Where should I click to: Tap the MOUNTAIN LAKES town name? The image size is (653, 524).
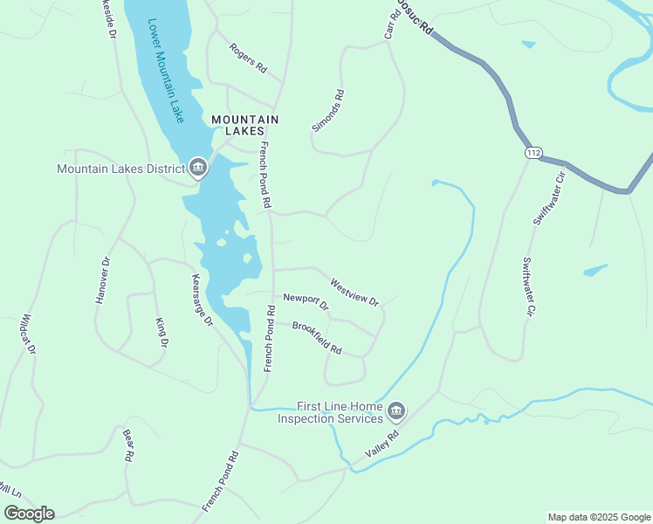[244, 125]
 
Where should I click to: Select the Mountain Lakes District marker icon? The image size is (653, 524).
[197, 169]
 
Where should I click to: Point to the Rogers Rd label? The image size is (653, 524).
[248, 59]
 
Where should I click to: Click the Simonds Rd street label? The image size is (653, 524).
[328, 111]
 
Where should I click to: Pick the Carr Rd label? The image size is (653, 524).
[391, 26]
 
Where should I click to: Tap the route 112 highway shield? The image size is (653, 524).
[533, 153]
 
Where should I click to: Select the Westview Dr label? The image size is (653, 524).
[354, 292]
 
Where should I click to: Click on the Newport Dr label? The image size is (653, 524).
[306, 302]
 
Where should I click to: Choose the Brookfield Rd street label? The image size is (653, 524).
[317, 338]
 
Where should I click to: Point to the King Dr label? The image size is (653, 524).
[161, 332]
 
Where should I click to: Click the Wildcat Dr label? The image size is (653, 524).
[28, 334]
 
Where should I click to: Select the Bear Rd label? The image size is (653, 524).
[127, 445]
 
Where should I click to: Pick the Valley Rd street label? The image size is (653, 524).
[382, 442]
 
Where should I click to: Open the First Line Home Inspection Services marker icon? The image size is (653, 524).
[396, 410]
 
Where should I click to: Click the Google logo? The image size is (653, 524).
[29, 514]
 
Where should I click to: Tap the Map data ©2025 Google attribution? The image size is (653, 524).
[598, 517]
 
